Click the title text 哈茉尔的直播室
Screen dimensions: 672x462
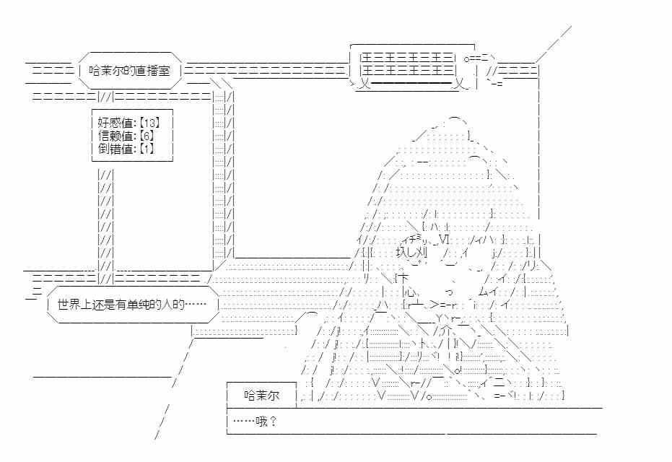[x=129, y=71]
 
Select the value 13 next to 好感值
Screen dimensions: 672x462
[x=149, y=123]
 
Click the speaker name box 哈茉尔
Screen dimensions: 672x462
[x=261, y=395]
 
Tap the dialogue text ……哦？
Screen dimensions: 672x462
[x=255, y=422]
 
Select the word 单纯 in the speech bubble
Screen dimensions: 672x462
[x=138, y=305]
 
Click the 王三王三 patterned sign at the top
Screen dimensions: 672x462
[x=408, y=64]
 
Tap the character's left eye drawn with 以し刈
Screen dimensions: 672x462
[x=411, y=253]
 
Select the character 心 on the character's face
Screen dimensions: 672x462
[x=409, y=292]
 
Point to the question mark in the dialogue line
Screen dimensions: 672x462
[x=274, y=422]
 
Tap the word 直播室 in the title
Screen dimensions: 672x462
[x=153, y=71]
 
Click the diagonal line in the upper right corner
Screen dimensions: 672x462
[x=554, y=44]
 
